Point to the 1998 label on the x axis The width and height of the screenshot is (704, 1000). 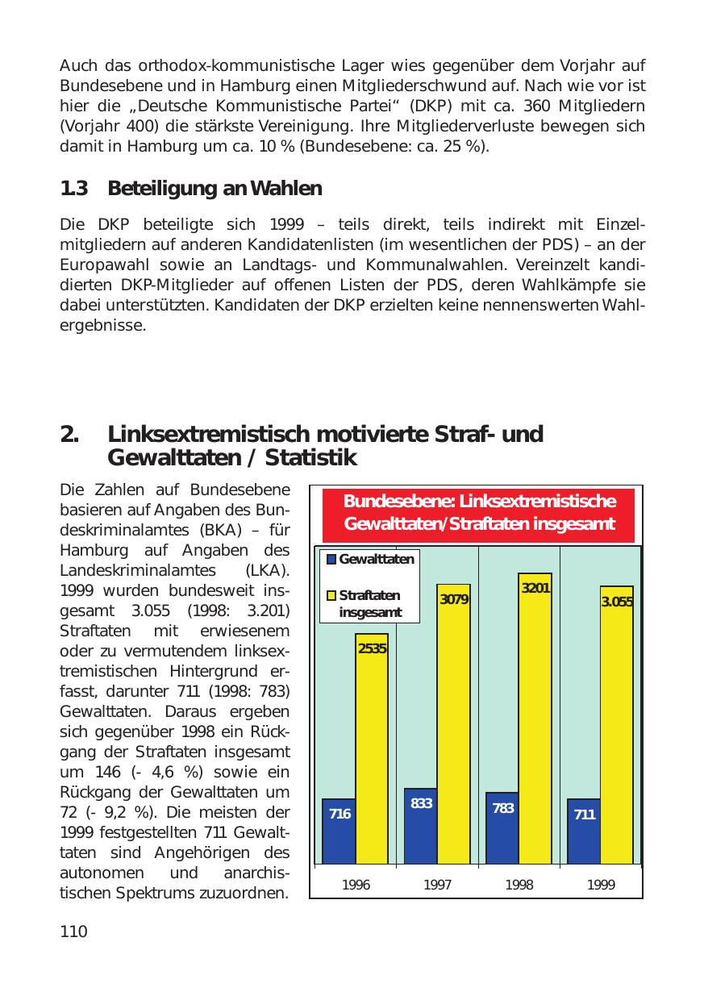click(x=519, y=885)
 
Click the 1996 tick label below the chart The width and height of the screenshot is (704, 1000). click(x=356, y=885)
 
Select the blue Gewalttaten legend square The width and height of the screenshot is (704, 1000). click(x=330, y=559)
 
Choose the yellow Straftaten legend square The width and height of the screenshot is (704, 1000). click(x=330, y=596)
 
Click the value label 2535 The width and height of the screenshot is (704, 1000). click(x=372, y=648)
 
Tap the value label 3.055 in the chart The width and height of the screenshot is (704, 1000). click(x=617, y=602)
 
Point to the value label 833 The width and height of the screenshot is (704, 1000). click(x=421, y=803)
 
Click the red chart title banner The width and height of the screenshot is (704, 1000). click(x=479, y=513)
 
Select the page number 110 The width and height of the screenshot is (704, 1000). click(x=73, y=932)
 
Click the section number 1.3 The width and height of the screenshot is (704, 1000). click(x=73, y=189)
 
